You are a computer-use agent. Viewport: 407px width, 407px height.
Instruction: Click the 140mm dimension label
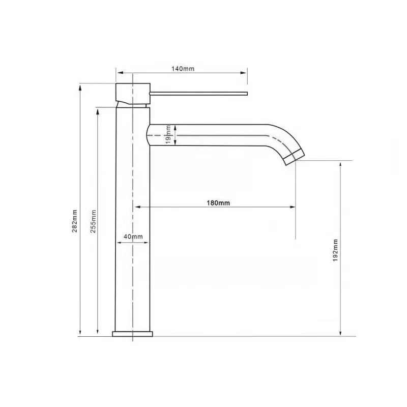(x=183, y=69)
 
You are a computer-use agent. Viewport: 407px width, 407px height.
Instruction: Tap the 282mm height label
(x=74, y=221)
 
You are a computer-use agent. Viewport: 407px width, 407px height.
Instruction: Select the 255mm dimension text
(x=93, y=221)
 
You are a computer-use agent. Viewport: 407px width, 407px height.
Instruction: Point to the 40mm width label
(x=133, y=237)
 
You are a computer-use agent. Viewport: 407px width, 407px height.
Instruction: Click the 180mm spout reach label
(x=218, y=202)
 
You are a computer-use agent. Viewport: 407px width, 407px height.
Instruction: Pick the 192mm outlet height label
(x=335, y=250)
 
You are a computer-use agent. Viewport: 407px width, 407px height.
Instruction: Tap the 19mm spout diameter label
(x=168, y=135)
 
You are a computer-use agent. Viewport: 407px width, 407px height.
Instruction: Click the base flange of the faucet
(x=132, y=334)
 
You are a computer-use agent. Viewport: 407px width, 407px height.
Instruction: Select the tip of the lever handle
(x=247, y=94)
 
